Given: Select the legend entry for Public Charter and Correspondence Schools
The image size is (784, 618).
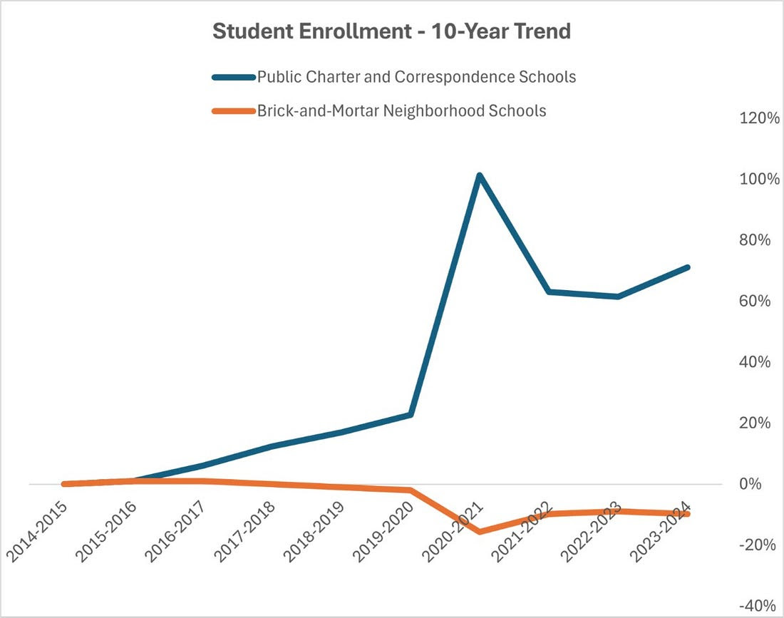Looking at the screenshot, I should click(416, 76).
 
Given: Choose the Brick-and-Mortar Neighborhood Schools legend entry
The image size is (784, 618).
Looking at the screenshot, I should click(401, 111).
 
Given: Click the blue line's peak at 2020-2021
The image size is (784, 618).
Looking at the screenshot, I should click(480, 175).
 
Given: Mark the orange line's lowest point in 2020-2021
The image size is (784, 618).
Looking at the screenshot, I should click(480, 531).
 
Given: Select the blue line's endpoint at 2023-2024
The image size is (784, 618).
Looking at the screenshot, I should click(688, 267).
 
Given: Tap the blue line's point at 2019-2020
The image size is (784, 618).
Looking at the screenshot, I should click(411, 414).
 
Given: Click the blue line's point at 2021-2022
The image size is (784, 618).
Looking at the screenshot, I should click(549, 292).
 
